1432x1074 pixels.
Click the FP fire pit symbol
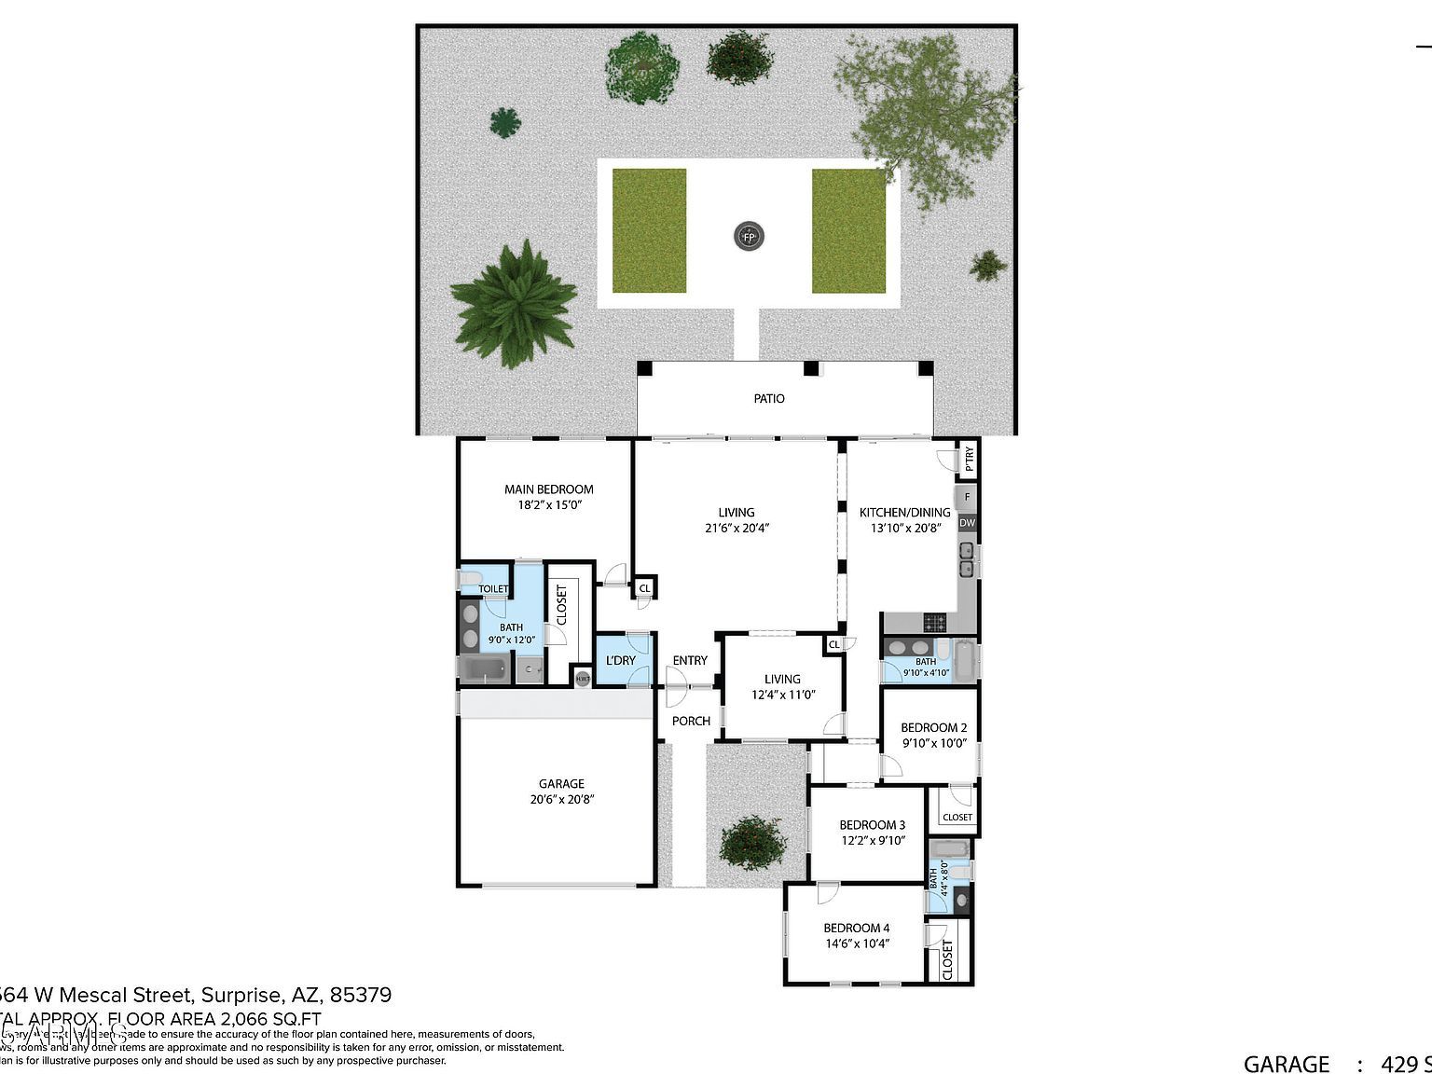pyautogui.click(x=748, y=236)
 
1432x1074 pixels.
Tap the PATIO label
pyautogui.click(x=769, y=398)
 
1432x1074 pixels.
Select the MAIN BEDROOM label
pyautogui.click(x=548, y=489)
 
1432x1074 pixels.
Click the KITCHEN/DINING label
pyautogui.click(x=904, y=512)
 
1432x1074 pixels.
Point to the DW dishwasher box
pyautogui.click(x=967, y=523)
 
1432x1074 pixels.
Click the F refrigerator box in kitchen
pyautogui.click(x=967, y=497)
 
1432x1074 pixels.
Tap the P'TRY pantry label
pyautogui.click(x=969, y=459)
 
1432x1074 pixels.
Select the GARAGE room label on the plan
pyautogui.click(x=561, y=784)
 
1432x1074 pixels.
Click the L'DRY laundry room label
pyautogui.click(x=620, y=661)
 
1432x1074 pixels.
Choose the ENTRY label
pyautogui.click(x=690, y=660)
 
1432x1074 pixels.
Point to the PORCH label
pyautogui.click(x=691, y=721)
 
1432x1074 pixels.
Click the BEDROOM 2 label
pyautogui.click(x=933, y=727)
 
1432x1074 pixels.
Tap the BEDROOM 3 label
pyautogui.click(x=872, y=824)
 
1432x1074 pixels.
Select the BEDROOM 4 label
pyautogui.click(x=856, y=928)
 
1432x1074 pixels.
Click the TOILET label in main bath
pyautogui.click(x=493, y=588)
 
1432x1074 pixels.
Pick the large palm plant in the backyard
pyautogui.click(x=513, y=304)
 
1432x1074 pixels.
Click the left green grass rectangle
pyautogui.click(x=649, y=230)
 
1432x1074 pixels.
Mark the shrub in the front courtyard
pyautogui.click(x=753, y=842)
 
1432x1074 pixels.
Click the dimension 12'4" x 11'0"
pyautogui.click(x=783, y=695)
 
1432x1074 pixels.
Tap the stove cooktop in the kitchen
pyautogui.click(x=934, y=622)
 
